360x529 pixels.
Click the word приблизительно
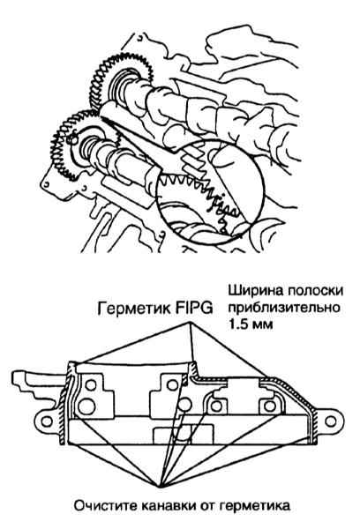click(x=284, y=308)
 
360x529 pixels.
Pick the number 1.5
click(x=237, y=324)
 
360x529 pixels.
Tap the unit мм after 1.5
click(x=261, y=326)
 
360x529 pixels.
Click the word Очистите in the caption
click(x=104, y=506)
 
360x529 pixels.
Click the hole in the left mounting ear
click(x=47, y=421)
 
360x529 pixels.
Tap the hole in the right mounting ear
click(x=331, y=421)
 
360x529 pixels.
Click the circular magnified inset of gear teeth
click(x=210, y=191)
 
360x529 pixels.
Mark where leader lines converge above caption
click(x=160, y=486)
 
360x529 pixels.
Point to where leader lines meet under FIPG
click(x=189, y=324)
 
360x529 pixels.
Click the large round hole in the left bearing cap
click(x=86, y=406)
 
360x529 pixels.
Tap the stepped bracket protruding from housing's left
click(x=37, y=384)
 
